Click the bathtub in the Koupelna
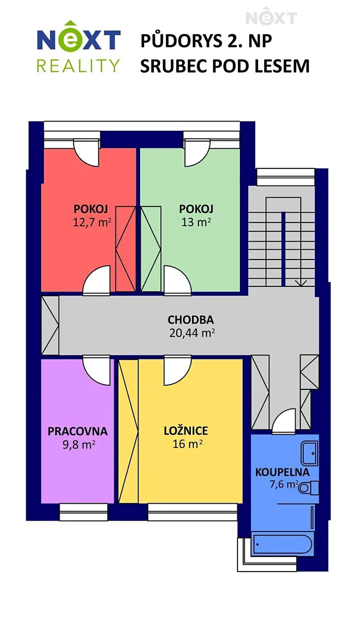[283, 544]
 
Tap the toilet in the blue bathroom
[308, 488]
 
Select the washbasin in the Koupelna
[310, 453]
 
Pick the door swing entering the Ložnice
[177, 370]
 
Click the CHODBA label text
[191, 320]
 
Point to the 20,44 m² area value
[192, 333]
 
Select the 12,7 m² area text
[92, 222]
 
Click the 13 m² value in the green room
[196, 222]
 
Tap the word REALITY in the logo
[78, 65]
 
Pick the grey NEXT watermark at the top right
[271, 16]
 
